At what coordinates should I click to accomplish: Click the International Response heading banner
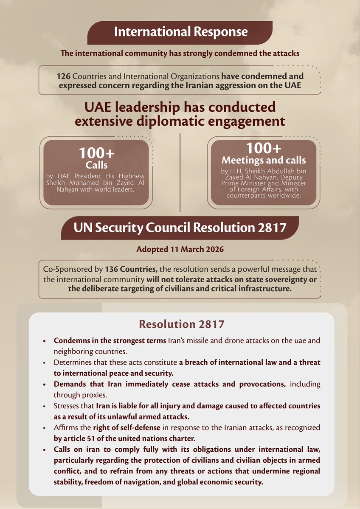pos(180,32)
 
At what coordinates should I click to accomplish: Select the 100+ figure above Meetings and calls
pos(263,148)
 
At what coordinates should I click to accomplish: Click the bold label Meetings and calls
pos(263,160)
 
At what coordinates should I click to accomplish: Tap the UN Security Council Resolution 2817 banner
pos(180,228)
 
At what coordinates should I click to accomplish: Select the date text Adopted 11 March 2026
pos(180,249)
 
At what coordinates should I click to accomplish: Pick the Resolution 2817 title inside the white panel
pos(181,324)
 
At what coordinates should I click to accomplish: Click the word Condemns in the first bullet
pos(70,341)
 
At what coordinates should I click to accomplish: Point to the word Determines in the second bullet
pos(72,363)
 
